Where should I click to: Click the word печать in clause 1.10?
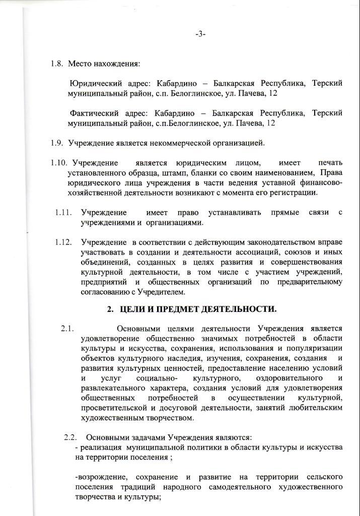tap(330, 163)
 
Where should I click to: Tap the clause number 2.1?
tap(68, 329)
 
